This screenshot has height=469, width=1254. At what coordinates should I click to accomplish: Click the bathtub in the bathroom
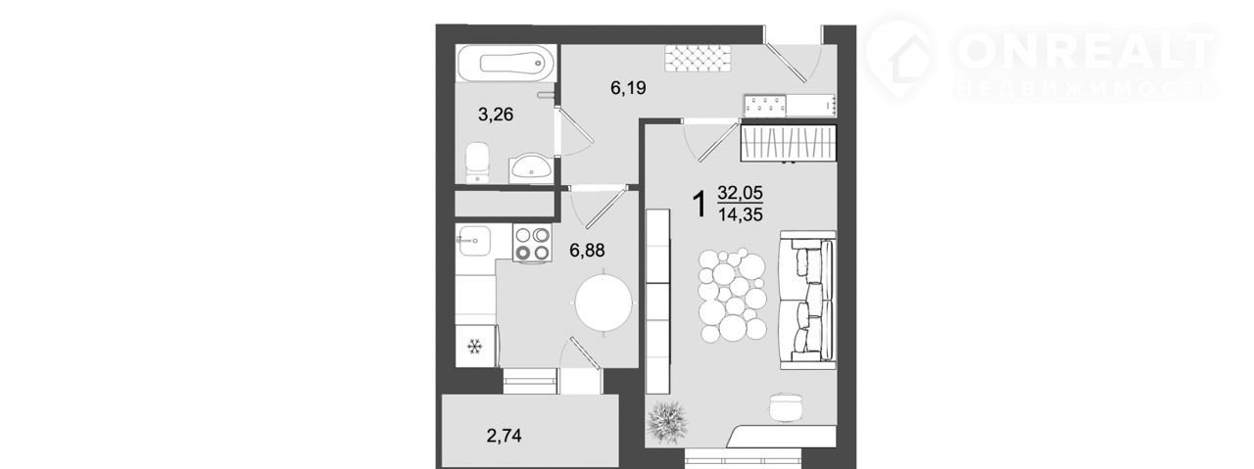[x=506, y=64]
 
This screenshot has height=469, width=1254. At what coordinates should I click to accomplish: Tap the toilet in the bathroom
[x=477, y=163]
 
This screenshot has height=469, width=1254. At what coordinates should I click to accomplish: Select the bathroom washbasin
[x=531, y=168]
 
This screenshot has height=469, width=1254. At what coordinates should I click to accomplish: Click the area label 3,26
[x=496, y=115]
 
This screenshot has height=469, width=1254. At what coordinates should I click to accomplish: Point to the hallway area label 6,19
[x=628, y=88]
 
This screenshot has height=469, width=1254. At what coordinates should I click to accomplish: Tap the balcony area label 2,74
[x=504, y=436]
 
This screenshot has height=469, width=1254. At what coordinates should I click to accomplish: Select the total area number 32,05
[x=740, y=193]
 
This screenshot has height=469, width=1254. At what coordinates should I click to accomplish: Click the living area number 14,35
[x=740, y=214]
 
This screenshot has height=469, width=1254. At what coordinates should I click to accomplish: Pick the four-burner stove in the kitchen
[x=532, y=244]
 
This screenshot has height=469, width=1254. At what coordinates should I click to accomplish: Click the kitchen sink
[x=473, y=241]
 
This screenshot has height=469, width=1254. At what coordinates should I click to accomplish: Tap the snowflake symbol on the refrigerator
[x=475, y=347]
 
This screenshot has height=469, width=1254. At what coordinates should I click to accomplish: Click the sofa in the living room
[x=808, y=300]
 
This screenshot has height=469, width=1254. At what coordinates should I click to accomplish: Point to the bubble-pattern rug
[x=732, y=295]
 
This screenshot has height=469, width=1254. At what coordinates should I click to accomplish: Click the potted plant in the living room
[x=666, y=421]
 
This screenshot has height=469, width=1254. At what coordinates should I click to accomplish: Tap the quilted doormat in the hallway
[x=698, y=59]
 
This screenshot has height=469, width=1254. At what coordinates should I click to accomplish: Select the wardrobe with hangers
[x=789, y=143]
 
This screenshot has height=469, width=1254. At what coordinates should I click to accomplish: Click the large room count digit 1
[x=699, y=205]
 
